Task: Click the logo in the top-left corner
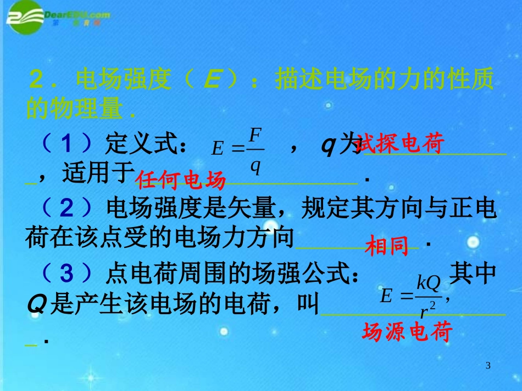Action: click(x=58, y=16)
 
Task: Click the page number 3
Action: click(x=489, y=366)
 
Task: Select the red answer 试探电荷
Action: click(x=399, y=144)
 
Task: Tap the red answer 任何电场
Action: click(x=181, y=179)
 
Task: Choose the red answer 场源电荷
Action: click(x=407, y=332)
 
